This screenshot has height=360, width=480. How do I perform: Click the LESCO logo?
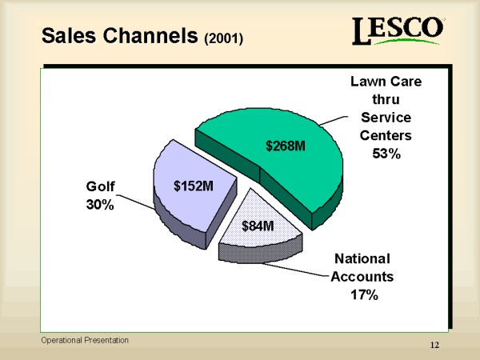tap(398, 30)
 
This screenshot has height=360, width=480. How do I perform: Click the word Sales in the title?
tap(69, 35)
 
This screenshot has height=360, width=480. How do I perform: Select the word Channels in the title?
tap(150, 35)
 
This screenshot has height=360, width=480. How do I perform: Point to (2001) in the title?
tap(224, 38)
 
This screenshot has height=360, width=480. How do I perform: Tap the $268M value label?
tap(286, 146)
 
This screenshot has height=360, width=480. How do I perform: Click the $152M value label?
tap(194, 186)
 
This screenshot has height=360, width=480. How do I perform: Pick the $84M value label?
tap(258, 226)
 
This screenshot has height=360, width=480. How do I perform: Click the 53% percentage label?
tap(386, 154)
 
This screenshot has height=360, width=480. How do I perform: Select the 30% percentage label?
tap(100, 205)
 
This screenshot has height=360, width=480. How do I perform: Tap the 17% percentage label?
tap(364, 294)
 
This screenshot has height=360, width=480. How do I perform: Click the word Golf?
tap(101, 186)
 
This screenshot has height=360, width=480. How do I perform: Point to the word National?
tap(362, 258)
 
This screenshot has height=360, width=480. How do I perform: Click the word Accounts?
tap(362, 277)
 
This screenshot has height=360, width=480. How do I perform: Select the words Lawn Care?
tap(386, 82)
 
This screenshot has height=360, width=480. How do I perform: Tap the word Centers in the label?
tap(386, 135)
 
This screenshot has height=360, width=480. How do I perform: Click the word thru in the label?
tap(386, 99)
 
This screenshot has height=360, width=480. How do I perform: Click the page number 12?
tap(434, 345)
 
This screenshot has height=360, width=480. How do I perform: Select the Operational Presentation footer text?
tap(85, 340)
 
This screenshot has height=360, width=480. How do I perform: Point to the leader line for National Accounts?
tap(296, 270)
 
